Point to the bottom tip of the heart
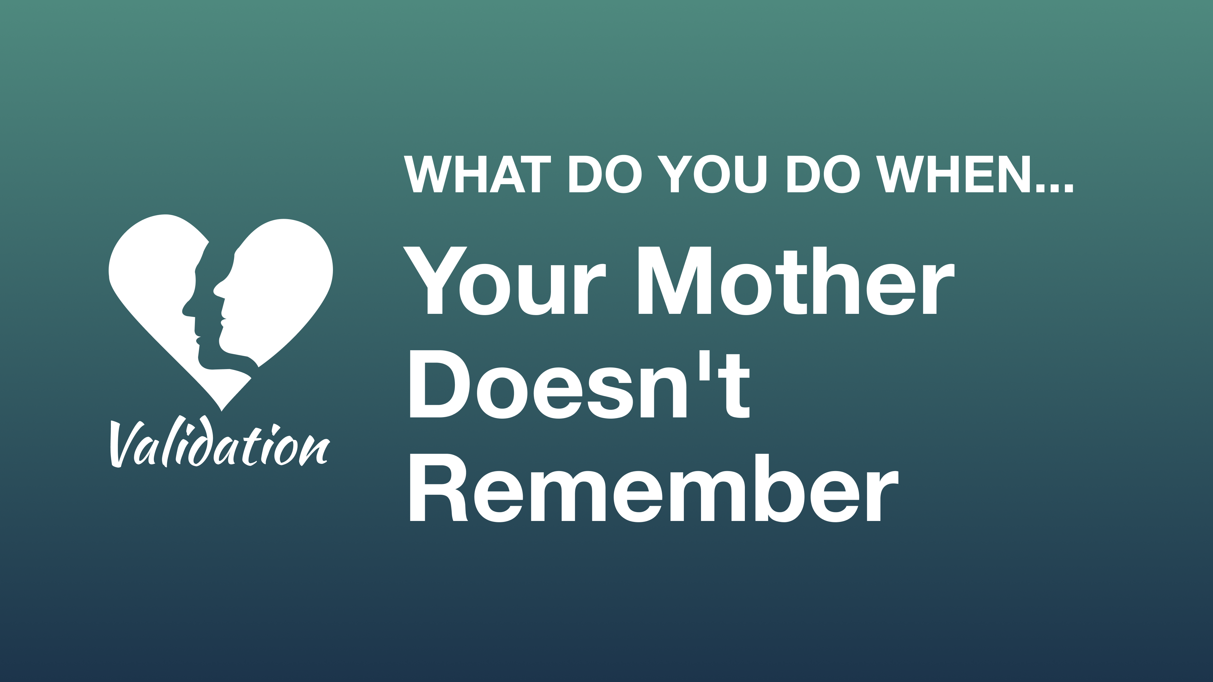coord(221,409)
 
